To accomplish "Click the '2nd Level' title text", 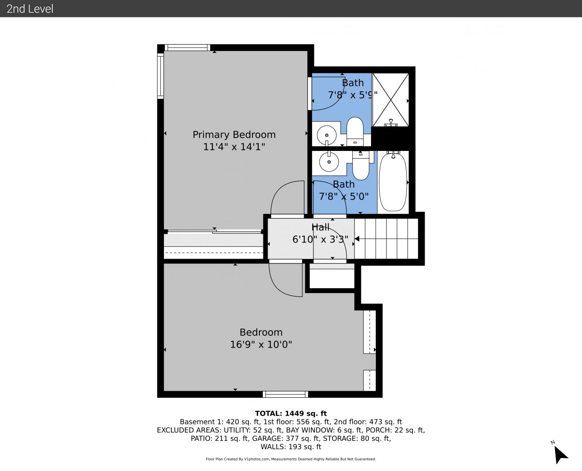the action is pos(30,9).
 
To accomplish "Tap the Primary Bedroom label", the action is pos(234,135).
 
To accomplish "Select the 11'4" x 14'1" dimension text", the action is pos(234,147).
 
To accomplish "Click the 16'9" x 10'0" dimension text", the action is pos(261,345).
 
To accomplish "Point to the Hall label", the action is pos(320,227).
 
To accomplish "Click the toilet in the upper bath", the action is pos(355,131).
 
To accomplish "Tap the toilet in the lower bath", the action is pos(361,165).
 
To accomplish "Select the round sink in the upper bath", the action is pos(327,135).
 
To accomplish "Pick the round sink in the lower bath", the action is pos(329,162).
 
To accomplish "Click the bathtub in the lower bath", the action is pos(393,182).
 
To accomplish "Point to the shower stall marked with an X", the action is pos(391,100).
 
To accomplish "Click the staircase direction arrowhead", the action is pos(357,239).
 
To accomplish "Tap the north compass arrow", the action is pos(560,454).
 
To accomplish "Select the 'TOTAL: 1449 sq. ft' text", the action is pos(291,413).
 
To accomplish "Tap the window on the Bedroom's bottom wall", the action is pos(285,394).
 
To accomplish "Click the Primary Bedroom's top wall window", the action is pos(187,48).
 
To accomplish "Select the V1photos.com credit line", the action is pos(291,459).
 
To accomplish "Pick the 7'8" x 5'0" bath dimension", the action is pos(344,196).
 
